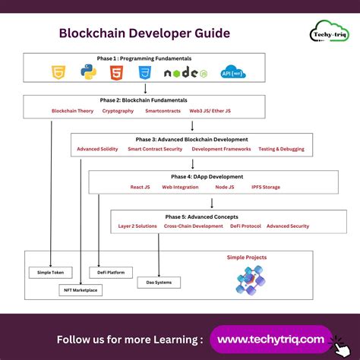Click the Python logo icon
coord(89,73)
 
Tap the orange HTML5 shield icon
coord(117,73)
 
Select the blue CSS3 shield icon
coord(145,73)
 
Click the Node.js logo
coord(185,74)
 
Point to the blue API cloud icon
coord(232,73)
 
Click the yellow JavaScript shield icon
coord(58,73)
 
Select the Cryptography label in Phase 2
coord(118,111)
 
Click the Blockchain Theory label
coord(72,111)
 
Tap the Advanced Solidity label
coord(97,149)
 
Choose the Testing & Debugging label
coord(281,149)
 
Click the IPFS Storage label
coord(265,187)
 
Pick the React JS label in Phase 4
coord(140,187)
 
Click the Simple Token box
coord(51,272)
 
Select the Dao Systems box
coord(159,283)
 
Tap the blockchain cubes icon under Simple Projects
coord(248,280)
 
